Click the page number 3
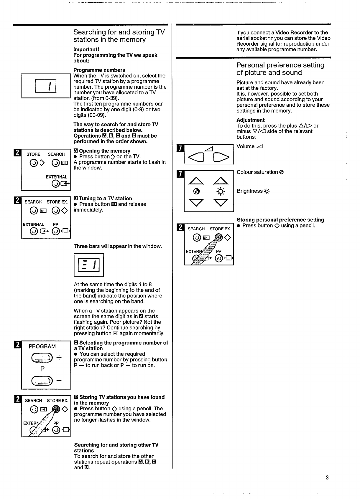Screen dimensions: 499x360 tap(327, 478)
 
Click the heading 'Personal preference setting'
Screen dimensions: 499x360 tap(280, 65)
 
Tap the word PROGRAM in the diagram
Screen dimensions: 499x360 tap(42, 346)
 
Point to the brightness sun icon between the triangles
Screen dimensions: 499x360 tap(221, 192)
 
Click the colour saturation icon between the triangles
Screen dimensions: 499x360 tap(197, 192)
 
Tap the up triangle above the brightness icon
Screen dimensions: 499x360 tap(221, 180)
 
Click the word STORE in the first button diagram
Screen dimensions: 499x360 tap(33, 154)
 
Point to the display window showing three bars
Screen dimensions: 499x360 tap(89, 265)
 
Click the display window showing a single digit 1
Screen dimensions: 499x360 tap(45, 86)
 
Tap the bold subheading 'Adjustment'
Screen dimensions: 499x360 tap(250, 120)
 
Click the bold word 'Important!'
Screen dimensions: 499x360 tap(86, 49)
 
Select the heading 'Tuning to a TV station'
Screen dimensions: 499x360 tap(105, 199)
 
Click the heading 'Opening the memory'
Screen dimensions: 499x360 tap(104, 151)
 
